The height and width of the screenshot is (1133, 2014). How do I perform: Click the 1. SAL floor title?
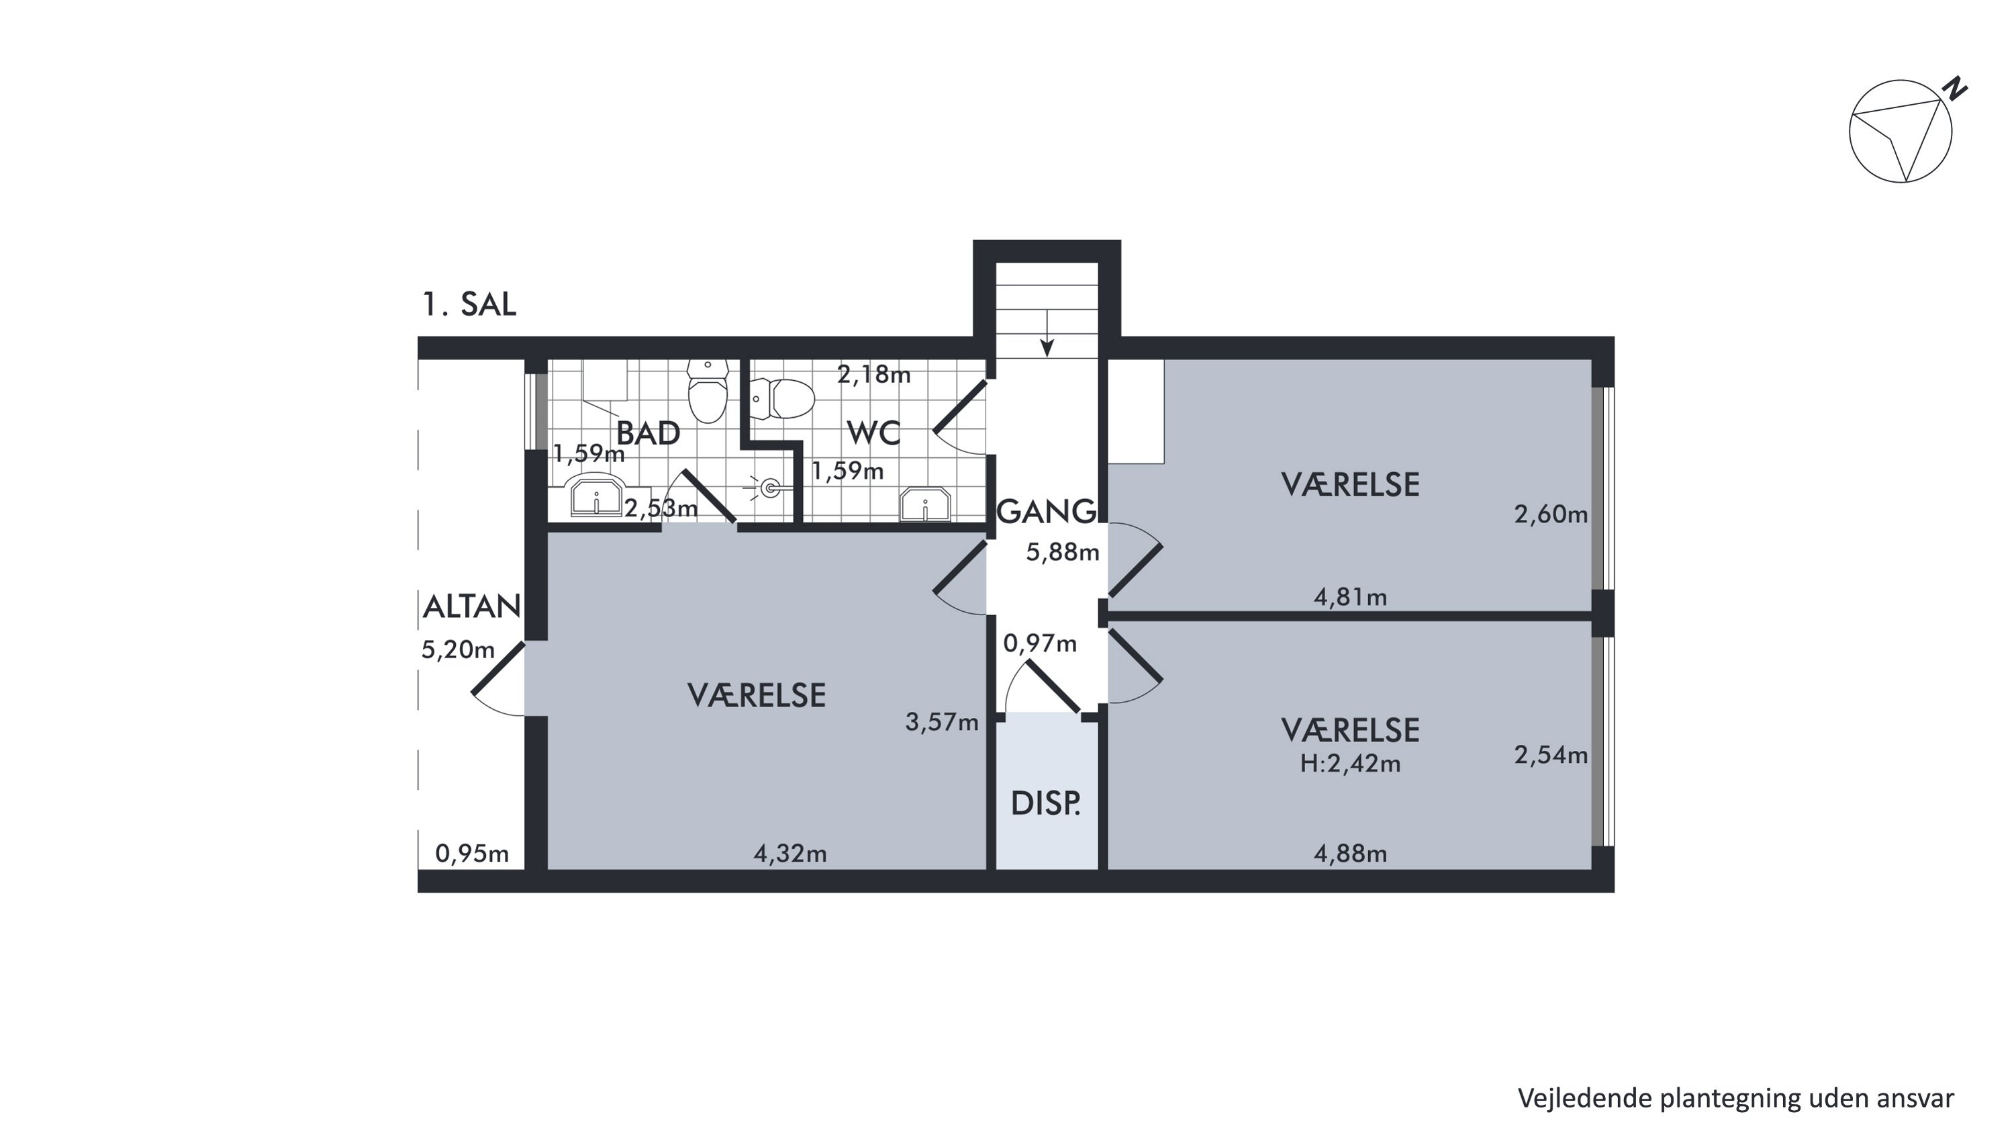[x=469, y=304]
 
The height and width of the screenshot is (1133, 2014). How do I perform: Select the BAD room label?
[x=648, y=433]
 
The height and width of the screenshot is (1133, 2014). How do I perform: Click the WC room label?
[x=873, y=433]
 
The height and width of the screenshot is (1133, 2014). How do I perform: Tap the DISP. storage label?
[x=1046, y=803]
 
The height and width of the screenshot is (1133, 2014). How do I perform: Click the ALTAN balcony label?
[x=471, y=606]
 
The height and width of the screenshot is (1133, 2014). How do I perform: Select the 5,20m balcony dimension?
[x=458, y=649]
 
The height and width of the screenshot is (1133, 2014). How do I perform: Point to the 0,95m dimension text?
[x=472, y=853]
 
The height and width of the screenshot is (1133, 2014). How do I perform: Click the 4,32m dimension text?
[x=790, y=853]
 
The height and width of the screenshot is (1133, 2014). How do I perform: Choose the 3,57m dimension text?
[x=942, y=722]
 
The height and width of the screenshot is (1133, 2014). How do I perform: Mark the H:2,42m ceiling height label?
[x=1350, y=763]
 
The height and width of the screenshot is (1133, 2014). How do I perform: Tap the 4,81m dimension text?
[x=1350, y=597]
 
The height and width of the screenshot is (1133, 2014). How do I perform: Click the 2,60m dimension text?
[x=1551, y=514]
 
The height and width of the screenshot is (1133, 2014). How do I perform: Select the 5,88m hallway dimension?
[x=1063, y=552]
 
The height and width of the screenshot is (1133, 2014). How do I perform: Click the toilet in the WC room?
[x=782, y=399]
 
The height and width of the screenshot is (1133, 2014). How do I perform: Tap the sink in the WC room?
[x=926, y=504]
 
